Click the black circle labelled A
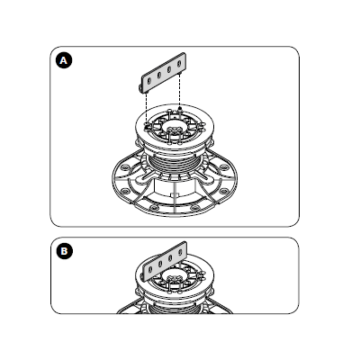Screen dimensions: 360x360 pyautogui.click(x=64, y=60)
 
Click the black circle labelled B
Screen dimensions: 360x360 pyautogui.click(x=64, y=251)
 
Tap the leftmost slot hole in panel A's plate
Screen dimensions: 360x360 pyautogui.click(x=149, y=80)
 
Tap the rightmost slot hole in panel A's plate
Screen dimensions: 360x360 pyautogui.click(x=179, y=64)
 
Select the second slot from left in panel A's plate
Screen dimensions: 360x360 pyautogui.click(x=159, y=75)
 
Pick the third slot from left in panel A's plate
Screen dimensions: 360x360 pyautogui.click(x=169, y=69)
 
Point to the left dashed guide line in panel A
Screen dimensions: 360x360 pyautogui.click(x=146, y=109)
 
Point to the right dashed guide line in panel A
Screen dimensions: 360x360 pyautogui.click(x=179, y=89)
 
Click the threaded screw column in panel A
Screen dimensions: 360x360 pyautogui.click(x=175, y=164)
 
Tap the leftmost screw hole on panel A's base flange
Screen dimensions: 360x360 pyautogui.click(x=123, y=167)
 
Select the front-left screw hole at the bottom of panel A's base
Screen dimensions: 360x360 pyautogui.click(x=154, y=208)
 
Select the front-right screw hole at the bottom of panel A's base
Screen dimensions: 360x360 pyautogui.click(x=194, y=207)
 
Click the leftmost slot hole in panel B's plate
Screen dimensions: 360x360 pyautogui.click(x=150, y=269)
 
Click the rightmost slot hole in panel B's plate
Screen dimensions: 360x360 pyautogui.click(x=180, y=252)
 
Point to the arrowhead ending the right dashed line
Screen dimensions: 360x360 pyautogui.click(x=180, y=108)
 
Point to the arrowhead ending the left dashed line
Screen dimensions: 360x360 pyautogui.click(x=146, y=128)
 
